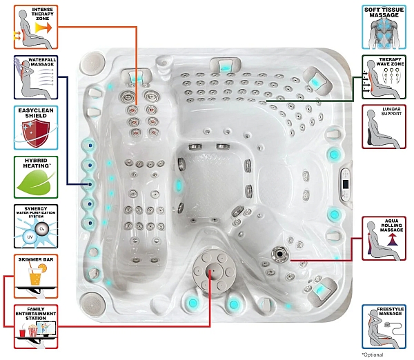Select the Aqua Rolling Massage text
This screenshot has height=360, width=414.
[x=386, y=226]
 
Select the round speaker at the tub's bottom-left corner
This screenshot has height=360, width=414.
[x=91, y=302]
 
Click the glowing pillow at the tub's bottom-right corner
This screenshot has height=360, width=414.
[x=321, y=293]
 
